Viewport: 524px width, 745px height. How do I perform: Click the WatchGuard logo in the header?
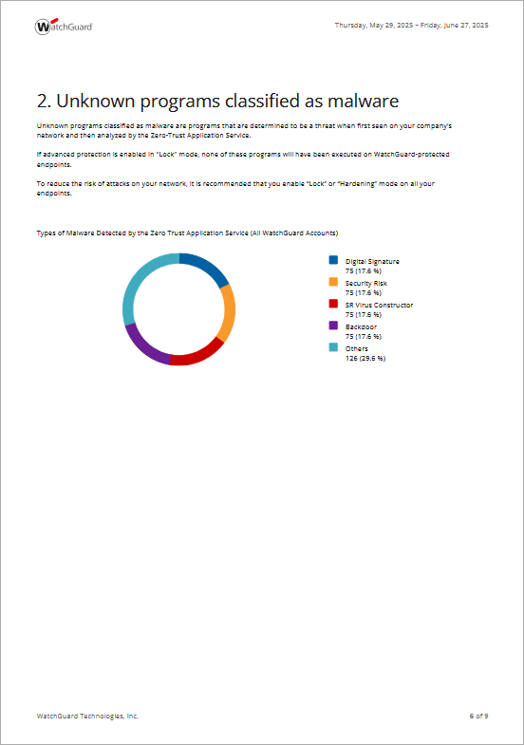tap(64, 27)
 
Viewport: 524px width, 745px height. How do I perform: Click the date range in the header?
tap(411, 26)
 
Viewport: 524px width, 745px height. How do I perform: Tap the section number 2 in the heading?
tap(43, 101)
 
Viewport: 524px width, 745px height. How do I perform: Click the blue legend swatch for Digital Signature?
tap(333, 260)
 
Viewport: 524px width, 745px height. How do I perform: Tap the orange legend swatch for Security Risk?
tap(333, 282)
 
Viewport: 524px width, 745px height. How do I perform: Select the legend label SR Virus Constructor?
tap(379, 305)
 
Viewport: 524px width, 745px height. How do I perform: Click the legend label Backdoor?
tap(361, 326)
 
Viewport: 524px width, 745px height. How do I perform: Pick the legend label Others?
tap(356, 348)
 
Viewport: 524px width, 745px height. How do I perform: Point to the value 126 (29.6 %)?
tap(365, 358)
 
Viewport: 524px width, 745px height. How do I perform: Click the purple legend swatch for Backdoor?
tap(333, 326)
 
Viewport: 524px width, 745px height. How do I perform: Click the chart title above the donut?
tap(187, 233)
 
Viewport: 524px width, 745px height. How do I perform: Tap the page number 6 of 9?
tap(478, 716)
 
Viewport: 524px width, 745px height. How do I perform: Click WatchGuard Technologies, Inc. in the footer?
tap(87, 716)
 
